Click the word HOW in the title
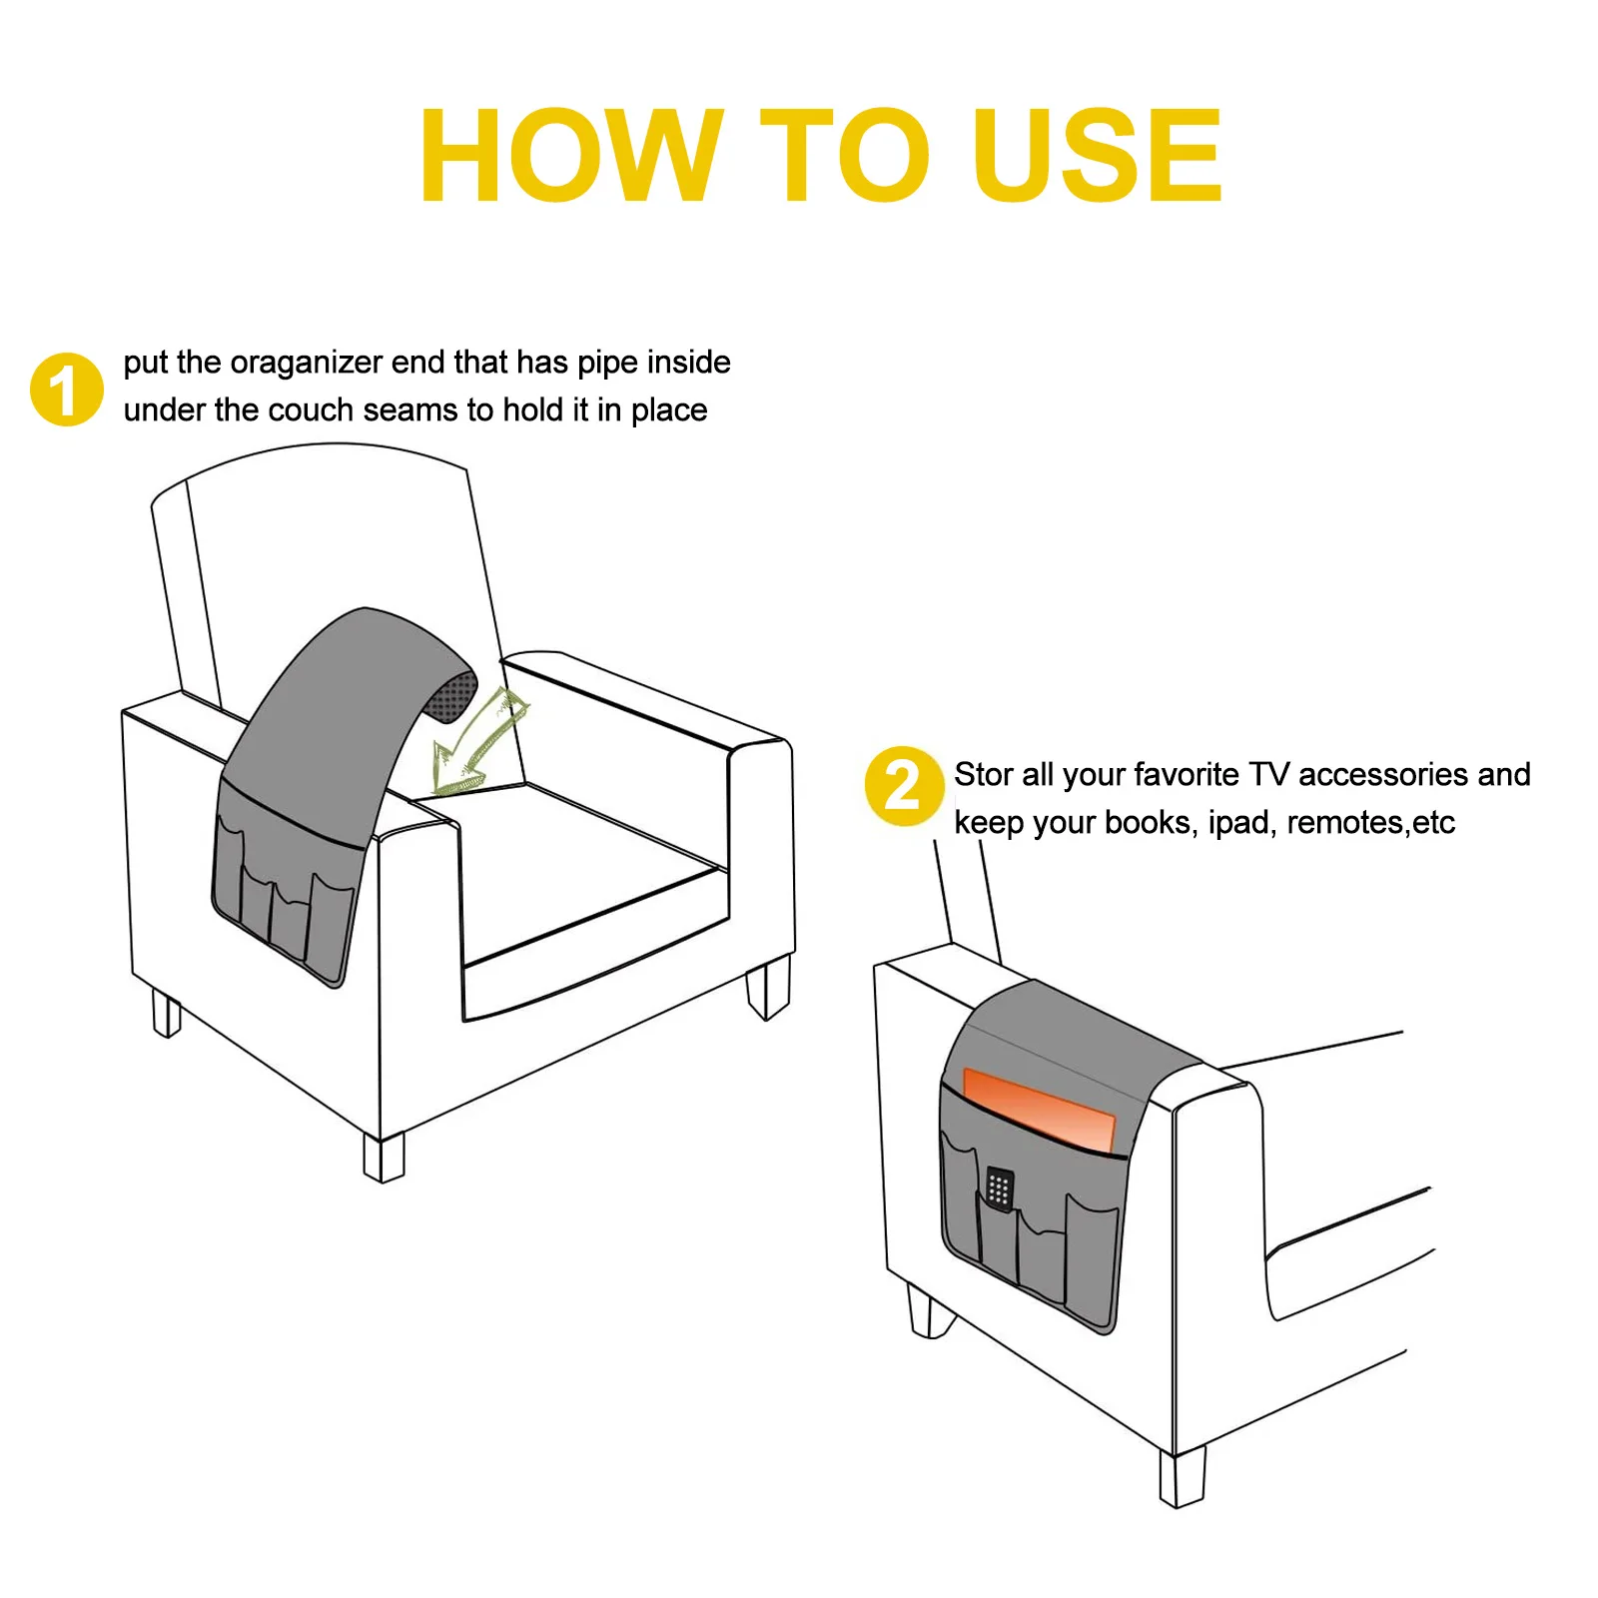click(569, 157)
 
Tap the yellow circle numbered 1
click(66, 390)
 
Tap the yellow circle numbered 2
click(903, 786)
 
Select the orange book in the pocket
click(1039, 1109)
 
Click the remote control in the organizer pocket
click(999, 1188)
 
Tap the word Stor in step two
click(984, 774)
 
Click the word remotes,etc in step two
click(1370, 822)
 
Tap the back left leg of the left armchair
click(166, 1012)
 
